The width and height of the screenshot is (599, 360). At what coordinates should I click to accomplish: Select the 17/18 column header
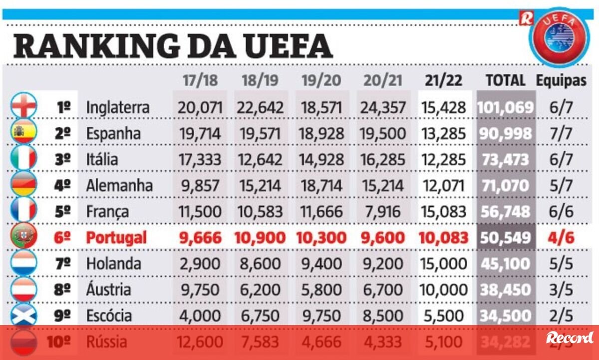point(200,80)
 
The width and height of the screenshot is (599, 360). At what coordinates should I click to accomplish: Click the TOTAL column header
point(505,80)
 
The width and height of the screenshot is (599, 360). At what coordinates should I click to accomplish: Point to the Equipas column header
point(561,80)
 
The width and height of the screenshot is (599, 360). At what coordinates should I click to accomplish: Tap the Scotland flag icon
point(23,315)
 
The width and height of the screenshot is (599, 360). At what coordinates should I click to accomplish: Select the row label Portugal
point(116,238)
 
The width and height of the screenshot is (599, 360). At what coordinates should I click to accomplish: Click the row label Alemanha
point(119,185)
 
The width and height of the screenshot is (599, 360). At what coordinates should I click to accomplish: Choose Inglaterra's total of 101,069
point(505,107)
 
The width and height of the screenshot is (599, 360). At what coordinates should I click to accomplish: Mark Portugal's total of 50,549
point(505,238)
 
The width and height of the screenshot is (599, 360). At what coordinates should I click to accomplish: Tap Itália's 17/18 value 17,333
point(200,159)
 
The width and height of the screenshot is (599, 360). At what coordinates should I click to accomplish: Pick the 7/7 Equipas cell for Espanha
point(562,133)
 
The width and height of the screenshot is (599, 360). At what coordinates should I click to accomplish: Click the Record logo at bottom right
point(570,338)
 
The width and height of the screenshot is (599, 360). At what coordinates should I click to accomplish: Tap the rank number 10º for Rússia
point(59,343)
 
